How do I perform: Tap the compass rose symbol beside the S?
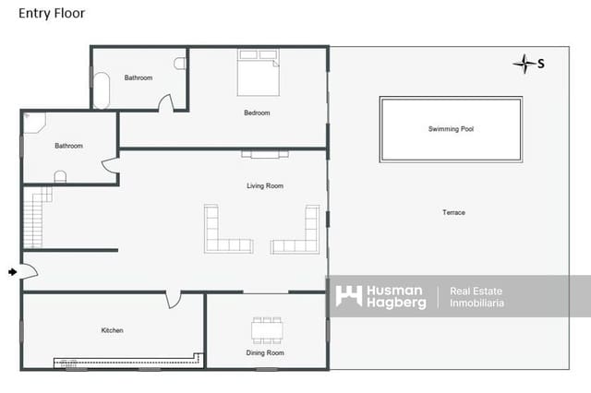point(525,63)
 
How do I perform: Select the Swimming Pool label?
point(451,129)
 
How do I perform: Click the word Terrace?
point(453,213)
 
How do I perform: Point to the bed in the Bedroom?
point(258,73)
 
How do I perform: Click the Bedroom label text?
point(257,113)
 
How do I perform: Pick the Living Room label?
point(265,186)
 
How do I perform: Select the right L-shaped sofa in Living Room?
point(301,232)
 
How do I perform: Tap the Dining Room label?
point(265,353)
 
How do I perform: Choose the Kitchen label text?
point(113,330)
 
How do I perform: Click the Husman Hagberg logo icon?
point(348,296)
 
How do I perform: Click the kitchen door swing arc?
point(173,301)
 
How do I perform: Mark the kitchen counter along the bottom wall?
point(129,363)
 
